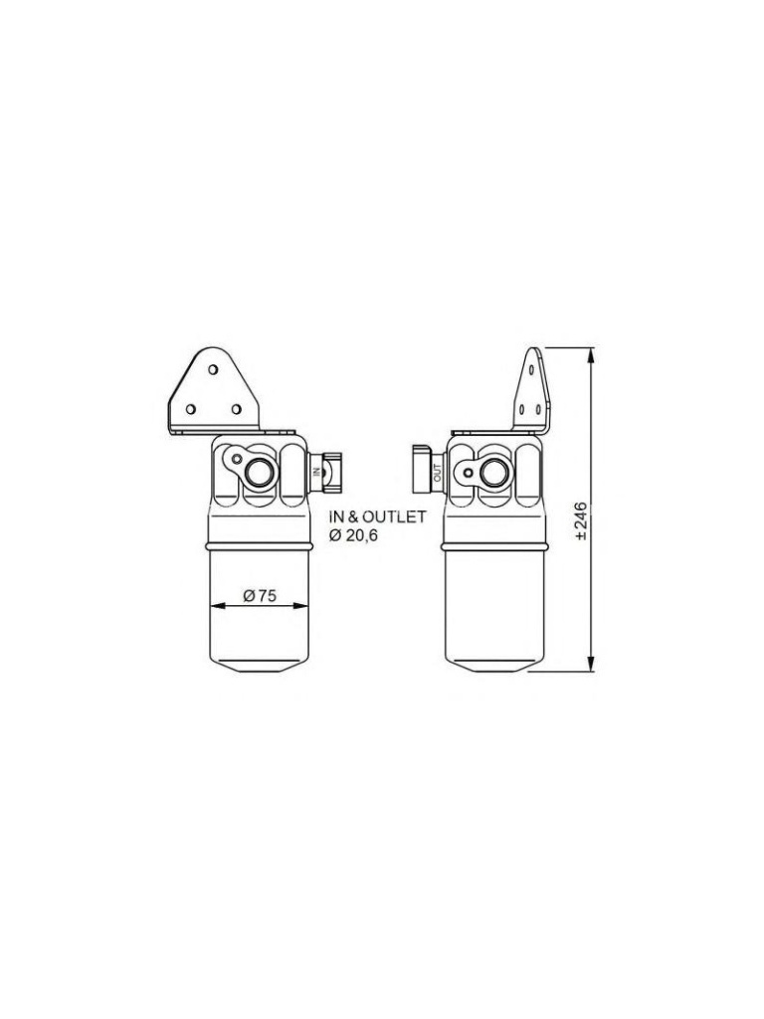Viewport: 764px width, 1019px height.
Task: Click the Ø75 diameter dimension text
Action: pyautogui.click(x=260, y=595)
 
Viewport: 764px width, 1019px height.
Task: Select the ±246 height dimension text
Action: pyautogui.click(x=581, y=520)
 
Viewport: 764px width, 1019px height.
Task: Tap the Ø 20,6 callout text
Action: pyautogui.click(x=353, y=535)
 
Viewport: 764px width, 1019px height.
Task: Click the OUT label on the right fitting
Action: pyautogui.click(x=437, y=469)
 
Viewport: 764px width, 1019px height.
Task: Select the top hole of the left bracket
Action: pyautogui.click(x=213, y=369)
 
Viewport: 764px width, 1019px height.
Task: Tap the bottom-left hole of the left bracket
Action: pyautogui.click(x=190, y=409)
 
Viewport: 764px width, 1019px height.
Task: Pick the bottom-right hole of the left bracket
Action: pyautogui.click(x=237, y=409)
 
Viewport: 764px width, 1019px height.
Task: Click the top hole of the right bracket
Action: pyautogui.click(x=532, y=369)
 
